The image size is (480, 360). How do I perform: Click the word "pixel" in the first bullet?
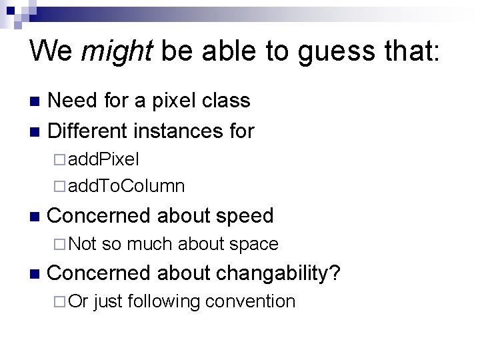coord(176,101)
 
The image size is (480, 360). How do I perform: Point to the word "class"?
coord(227,101)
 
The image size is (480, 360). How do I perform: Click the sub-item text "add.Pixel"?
coord(103,160)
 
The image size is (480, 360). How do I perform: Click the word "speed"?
coord(244,215)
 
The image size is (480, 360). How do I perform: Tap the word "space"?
coord(253,245)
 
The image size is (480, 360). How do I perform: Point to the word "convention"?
coord(250,301)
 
